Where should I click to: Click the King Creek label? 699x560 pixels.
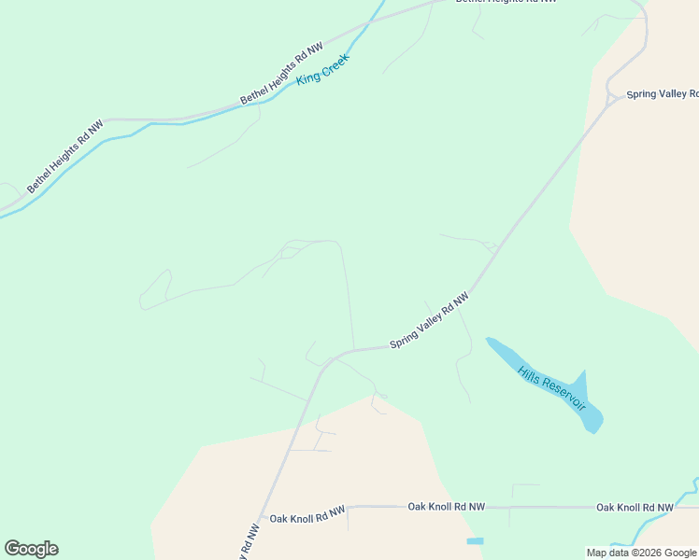322,69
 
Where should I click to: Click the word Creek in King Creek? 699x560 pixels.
333,64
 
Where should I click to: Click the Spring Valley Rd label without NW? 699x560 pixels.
662,94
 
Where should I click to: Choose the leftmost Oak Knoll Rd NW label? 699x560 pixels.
307,513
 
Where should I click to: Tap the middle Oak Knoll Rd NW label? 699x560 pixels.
447,507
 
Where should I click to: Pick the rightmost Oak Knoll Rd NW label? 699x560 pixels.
635,508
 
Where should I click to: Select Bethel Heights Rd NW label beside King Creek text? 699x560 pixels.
281,73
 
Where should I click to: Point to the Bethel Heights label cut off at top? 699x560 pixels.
506,3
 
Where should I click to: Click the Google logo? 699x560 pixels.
31,549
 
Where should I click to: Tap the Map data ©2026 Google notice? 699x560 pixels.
641,553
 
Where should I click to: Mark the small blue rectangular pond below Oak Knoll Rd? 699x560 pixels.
475,541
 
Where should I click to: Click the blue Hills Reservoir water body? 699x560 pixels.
589,411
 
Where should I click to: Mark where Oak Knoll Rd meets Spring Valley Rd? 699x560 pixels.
264,508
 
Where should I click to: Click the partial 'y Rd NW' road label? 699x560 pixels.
249,542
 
